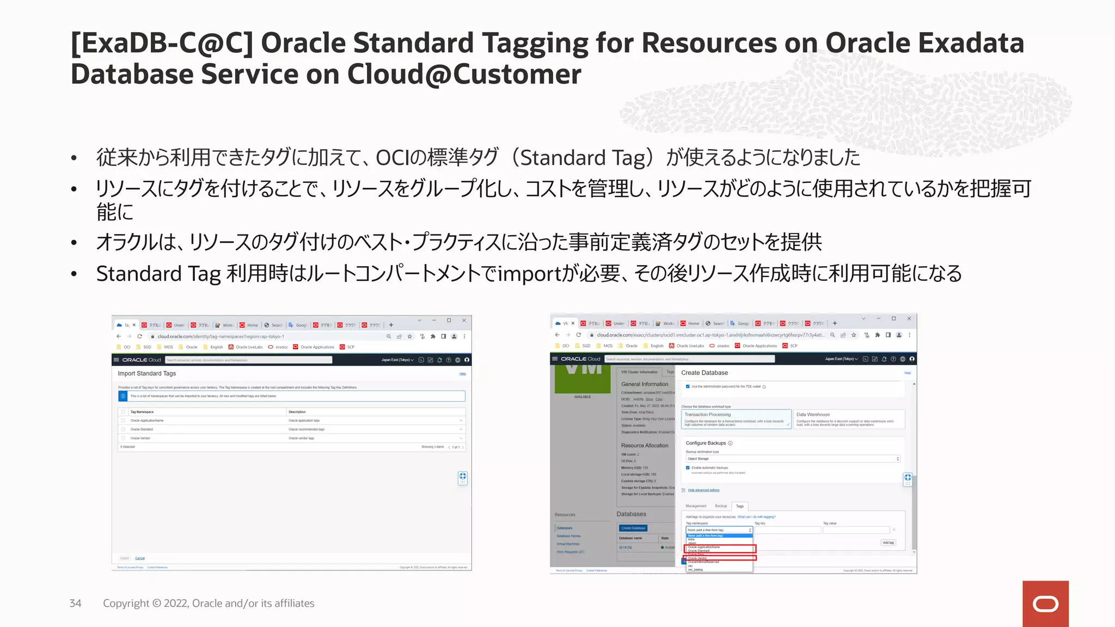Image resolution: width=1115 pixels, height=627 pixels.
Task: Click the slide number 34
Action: tap(75, 603)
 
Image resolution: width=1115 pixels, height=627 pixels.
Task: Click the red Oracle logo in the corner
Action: tap(1045, 604)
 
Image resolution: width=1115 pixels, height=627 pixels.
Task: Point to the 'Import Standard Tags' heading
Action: tap(146, 373)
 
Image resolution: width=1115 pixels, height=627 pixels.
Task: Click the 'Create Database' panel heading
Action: tap(704, 373)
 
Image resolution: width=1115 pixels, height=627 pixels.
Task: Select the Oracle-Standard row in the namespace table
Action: tap(142, 429)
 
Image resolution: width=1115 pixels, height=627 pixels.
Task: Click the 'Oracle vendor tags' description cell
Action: tap(301, 438)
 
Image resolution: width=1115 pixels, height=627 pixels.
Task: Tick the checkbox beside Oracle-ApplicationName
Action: tap(124, 421)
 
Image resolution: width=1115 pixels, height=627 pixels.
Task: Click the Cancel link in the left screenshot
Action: tap(140, 558)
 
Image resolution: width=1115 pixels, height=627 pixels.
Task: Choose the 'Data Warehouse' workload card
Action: tap(848, 419)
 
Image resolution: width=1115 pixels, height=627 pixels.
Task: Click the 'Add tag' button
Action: tap(888, 543)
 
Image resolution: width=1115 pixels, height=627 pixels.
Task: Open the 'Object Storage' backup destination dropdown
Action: tap(792, 459)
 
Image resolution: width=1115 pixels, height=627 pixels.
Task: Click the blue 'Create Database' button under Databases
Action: tap(633, 528)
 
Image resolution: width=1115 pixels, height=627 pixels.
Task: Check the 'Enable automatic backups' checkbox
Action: tap(688, 468)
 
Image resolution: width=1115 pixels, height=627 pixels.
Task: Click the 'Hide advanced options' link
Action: tap(703, 490)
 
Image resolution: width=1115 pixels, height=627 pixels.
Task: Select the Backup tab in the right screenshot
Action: tap(721, 506)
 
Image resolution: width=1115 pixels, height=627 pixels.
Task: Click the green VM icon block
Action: tap(583, 378)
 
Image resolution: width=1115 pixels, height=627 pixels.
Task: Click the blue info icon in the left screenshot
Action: tap(123, 396)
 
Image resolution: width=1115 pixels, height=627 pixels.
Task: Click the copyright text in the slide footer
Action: tap(209, 603)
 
